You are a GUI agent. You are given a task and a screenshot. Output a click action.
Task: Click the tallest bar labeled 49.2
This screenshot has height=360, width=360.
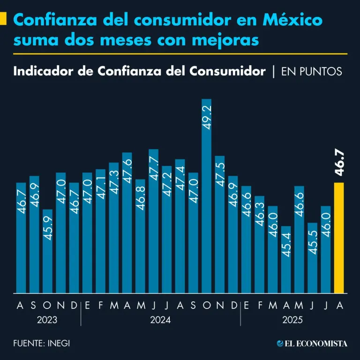click(206, 197)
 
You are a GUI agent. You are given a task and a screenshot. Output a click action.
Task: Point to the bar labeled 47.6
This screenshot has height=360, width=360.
click(127, 223)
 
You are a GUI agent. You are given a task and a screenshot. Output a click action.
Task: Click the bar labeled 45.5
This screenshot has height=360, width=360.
click(313, 258)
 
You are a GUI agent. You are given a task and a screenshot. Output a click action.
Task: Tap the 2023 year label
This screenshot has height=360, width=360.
click(47, 321)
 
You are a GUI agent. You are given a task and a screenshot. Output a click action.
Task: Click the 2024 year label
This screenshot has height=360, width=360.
click(160, 321)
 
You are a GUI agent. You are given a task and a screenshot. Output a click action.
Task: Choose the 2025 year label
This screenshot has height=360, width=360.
click(293, 321)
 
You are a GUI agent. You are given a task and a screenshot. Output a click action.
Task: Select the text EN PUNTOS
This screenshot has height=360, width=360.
click(311, 72)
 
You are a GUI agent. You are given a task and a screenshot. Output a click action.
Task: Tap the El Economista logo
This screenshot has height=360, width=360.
click(312, 344)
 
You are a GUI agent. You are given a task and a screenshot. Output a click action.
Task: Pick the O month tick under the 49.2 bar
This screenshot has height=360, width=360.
click(206, 306)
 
